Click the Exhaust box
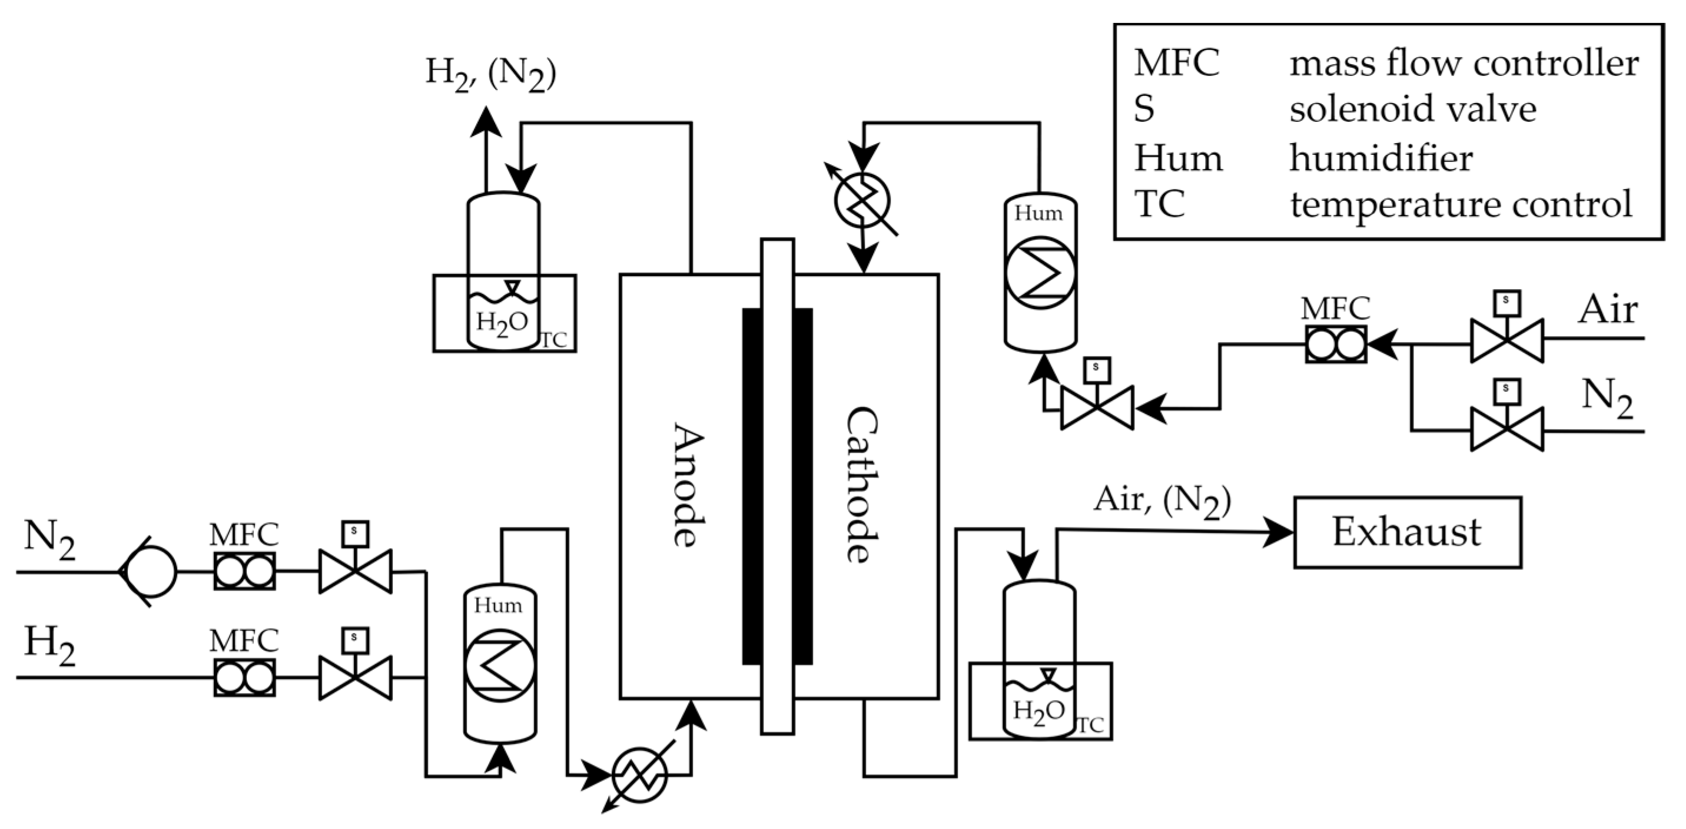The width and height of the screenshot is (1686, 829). (x=1407, y=532)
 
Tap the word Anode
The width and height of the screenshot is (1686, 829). (x=689, y=485)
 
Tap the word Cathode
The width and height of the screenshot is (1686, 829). (x=861, y=485)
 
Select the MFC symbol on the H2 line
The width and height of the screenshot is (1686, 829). (x=244, y=677)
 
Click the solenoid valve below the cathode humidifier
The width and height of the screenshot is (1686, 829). (x=1097, y=407)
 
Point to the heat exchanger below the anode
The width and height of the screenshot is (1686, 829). (x=639, y=775)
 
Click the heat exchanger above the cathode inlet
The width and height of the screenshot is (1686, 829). (x=862, y=200)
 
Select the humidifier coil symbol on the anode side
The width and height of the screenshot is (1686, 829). (x=499, y=665)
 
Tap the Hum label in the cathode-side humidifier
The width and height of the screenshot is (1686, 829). (x=1038, y=214)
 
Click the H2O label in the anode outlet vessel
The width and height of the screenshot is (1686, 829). (x=502, y=323)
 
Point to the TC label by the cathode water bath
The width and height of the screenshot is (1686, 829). (x=1090, y=725)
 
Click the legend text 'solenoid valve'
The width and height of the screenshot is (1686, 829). (x=1412, y=110)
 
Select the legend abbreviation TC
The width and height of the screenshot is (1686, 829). (x=1159, y=204)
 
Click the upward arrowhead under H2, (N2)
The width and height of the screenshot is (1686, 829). (x=486, y=122)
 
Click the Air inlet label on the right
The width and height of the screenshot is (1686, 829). (x=1608, y=309)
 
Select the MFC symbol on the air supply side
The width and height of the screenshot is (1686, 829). (x=1335, y=343)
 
